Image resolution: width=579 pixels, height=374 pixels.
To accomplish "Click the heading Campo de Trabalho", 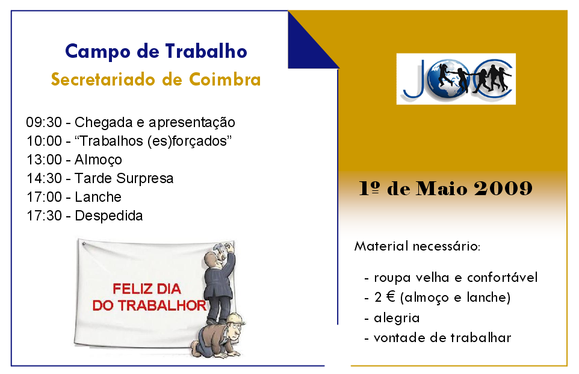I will pos(156,51).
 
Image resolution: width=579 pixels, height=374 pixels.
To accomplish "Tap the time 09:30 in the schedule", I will pos(44,122).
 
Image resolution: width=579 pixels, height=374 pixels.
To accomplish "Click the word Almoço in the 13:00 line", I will pos(98,160).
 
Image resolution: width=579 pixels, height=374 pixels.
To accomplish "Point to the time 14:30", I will pos(44,178).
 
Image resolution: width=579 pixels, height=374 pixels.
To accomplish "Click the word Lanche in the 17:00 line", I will pos(98,197).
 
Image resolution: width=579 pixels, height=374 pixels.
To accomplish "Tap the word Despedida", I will pos(108,216).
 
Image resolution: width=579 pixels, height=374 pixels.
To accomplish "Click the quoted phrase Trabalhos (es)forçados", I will pos(153,141).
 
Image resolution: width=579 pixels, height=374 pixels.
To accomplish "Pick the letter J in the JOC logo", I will pos(413,78).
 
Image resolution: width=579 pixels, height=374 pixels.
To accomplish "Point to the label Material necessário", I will pos(417,246).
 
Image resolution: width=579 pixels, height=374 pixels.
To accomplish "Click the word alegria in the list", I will pos(397,317).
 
